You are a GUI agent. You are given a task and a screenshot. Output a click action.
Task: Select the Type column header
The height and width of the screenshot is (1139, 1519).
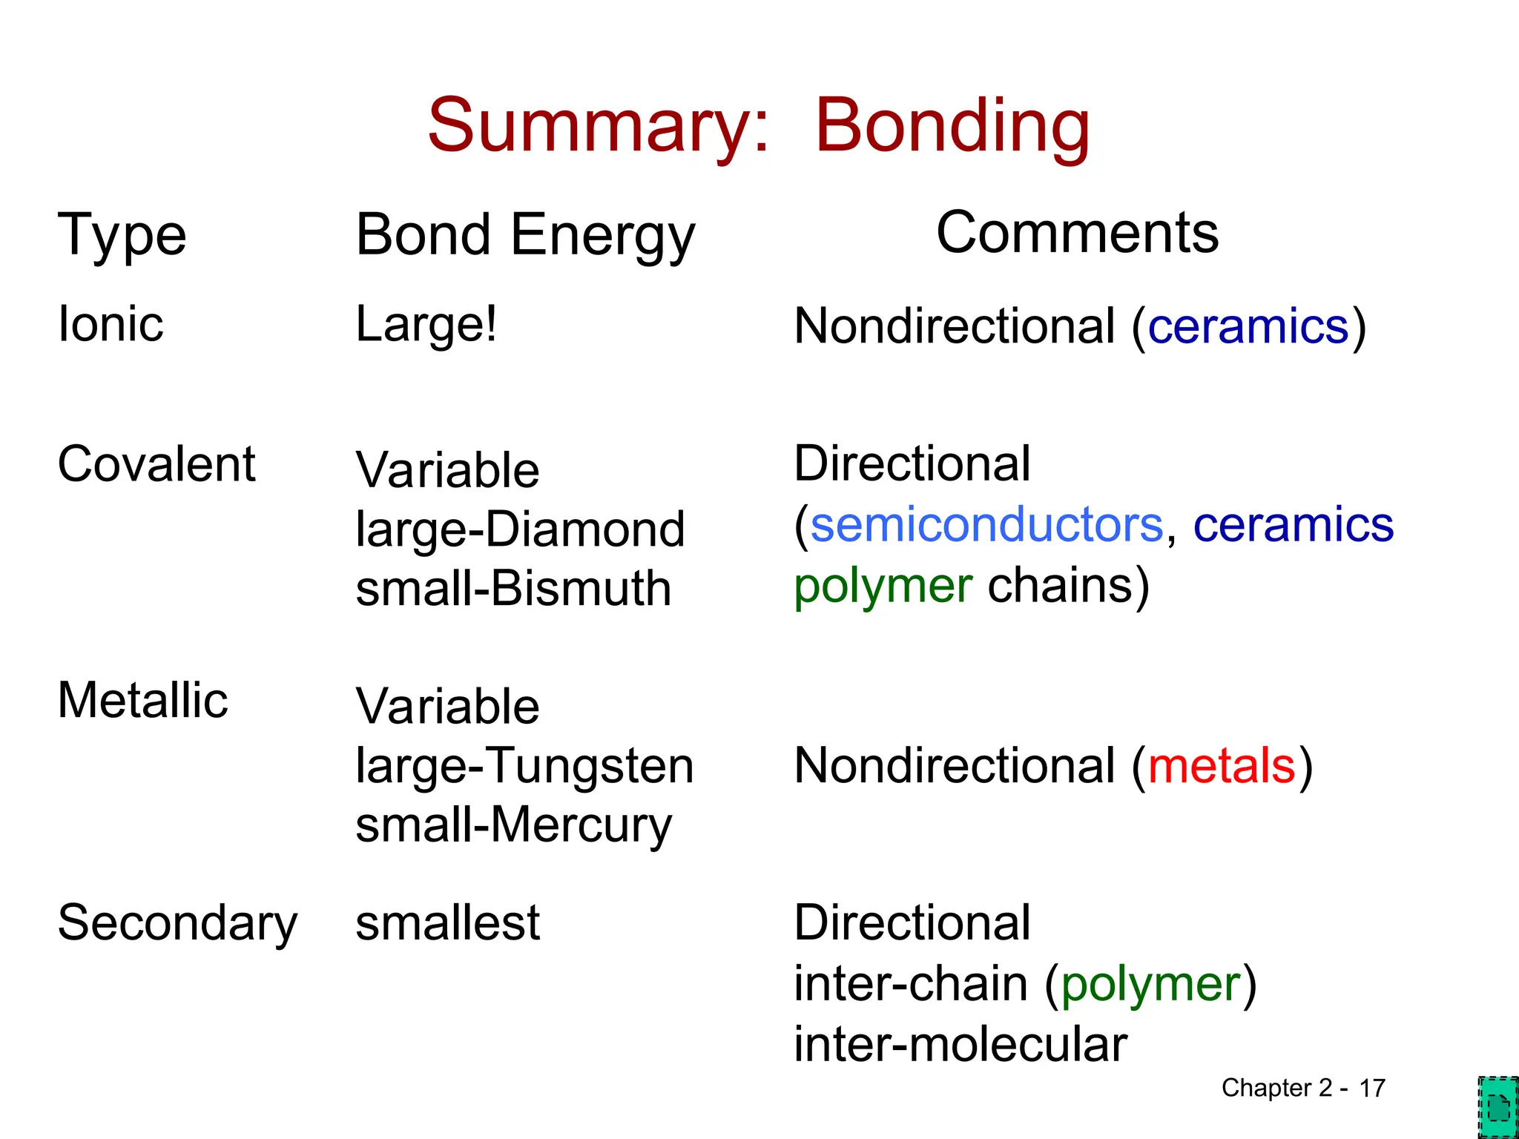[x=122, y=235]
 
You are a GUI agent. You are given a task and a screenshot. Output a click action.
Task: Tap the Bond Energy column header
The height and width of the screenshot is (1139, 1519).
[x=525, y=235]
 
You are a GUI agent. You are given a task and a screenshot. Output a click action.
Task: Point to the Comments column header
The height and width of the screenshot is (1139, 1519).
[x=1077, y=233]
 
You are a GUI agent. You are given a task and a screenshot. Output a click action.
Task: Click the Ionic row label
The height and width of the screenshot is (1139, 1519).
[x=111, y=324]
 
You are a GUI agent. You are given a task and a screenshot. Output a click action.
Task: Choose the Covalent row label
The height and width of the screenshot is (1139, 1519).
[x=156, y=464]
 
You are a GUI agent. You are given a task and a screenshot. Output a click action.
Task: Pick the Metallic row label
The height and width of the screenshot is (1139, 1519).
[x=142, y=700]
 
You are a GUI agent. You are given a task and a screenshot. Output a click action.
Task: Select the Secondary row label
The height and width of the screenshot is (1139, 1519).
[x=177, y=923]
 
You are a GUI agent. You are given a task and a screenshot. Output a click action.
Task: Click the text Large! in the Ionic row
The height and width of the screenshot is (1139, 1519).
[x=426, y=324]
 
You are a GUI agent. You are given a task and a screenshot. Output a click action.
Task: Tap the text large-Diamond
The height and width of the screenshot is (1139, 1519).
[x=520, y=529]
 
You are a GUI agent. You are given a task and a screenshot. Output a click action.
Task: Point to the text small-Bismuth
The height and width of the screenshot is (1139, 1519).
[x=513, y=589]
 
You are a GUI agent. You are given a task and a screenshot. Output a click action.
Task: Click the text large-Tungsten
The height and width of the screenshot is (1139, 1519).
[x=524, y=765]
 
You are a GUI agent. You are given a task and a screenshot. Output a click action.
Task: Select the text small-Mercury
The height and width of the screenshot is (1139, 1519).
[x=513, y=825]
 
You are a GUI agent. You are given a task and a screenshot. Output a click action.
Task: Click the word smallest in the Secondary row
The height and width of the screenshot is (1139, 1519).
[x=447, y=923]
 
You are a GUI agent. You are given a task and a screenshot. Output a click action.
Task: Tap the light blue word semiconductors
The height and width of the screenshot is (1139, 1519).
[x=986, y=525]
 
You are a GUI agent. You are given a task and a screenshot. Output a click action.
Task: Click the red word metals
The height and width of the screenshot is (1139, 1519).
[x=1222, y=765]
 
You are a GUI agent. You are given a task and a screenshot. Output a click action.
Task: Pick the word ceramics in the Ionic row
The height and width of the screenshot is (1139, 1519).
[x=1248, y=326]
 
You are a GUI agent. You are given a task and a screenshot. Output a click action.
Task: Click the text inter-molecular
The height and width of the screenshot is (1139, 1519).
[x=961, y=1044]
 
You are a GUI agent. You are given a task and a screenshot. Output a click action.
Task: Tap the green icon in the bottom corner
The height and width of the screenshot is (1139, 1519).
[x=1497, y=1107]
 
